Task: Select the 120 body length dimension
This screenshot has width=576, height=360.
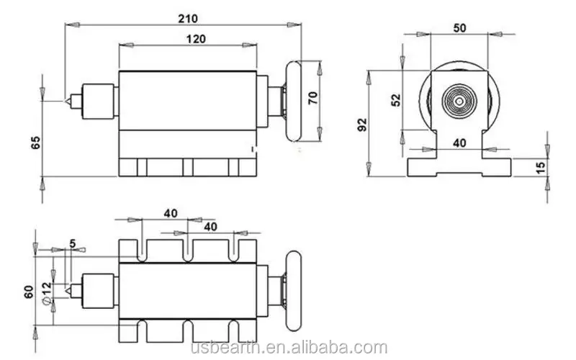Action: point(192,40)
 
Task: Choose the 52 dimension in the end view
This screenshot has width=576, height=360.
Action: point(395,100)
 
